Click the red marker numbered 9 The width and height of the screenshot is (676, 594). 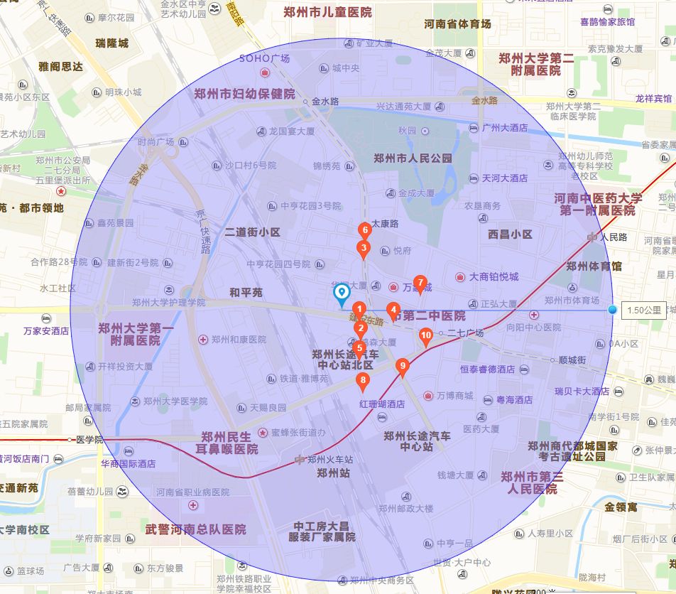(x=403, y=367)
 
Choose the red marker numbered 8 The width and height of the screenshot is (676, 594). (x=363, y=381)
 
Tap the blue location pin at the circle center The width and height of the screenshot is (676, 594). (x=342, y=292)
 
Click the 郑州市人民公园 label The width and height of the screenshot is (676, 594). (x=413, y=158)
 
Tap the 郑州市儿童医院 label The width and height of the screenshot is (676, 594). (x=327, y=12)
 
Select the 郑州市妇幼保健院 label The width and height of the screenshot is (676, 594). (x=244, y=94)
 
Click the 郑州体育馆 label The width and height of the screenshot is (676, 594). (x=594, y=266)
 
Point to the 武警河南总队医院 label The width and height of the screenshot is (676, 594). (x=196, y=529)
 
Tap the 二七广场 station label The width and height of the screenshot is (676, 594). (x=465, y=333)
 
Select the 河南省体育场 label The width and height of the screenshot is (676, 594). (x=457, y=24)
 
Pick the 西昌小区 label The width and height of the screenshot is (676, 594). (x=510, y=234)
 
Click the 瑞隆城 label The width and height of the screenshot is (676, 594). (x=112, y=43)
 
